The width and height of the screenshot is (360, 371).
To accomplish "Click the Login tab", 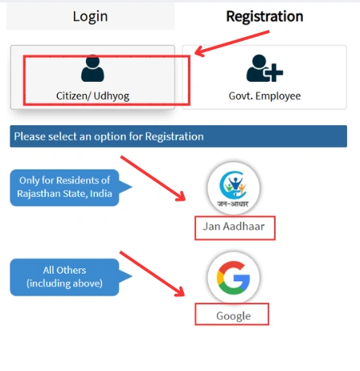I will (x=90, y=16).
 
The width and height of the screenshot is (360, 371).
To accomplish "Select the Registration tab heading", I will (x=264, y=16).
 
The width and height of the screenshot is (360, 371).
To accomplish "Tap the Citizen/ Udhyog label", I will (x=93, y=96).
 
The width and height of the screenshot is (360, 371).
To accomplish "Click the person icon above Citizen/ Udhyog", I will (x=93, y=69).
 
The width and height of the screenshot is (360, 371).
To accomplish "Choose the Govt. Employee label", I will (x=264, y=96).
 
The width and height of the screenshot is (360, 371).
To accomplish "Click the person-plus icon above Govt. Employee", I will (x=264, y=70).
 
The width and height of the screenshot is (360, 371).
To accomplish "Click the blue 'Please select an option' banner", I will (x=178, y=137).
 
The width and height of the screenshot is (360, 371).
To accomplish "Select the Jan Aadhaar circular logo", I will (x=233, y=188).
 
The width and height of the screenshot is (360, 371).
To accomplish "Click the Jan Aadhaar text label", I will (x=235, y=228).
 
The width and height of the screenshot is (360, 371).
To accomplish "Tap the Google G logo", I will (x=233, y=276).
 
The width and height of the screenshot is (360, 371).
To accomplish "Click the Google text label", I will (x=233, y=316).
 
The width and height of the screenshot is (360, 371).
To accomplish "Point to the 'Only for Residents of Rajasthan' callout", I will (x=64, y=186).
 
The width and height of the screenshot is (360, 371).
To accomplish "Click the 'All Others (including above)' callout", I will (x=64, y=276).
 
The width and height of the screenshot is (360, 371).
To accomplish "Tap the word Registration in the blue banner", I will (x=174, y=137).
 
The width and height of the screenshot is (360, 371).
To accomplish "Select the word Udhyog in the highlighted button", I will (x=112, y=96).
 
